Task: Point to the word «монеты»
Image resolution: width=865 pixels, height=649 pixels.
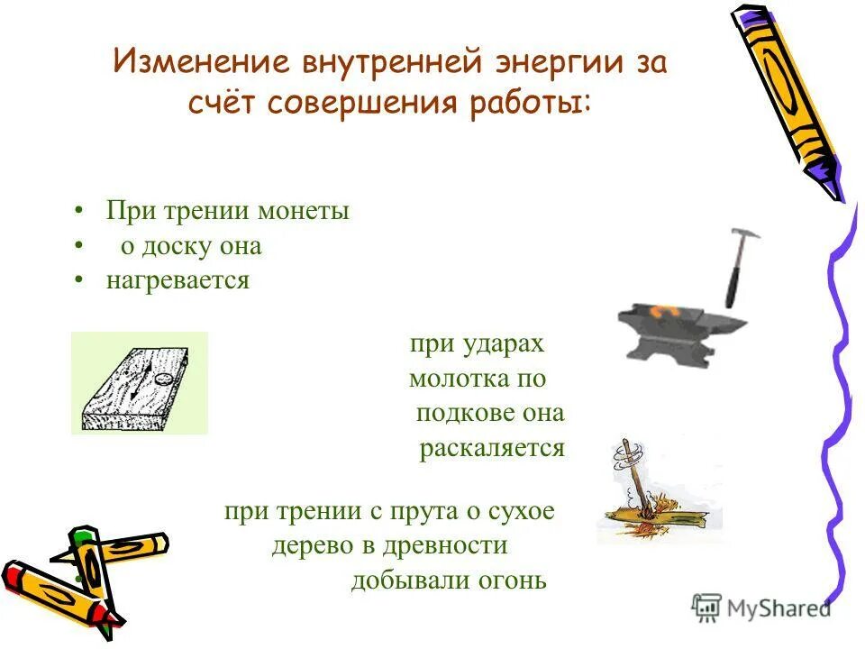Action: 304,212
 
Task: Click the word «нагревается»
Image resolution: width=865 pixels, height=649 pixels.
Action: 178,280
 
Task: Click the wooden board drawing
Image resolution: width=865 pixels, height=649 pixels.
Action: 138,383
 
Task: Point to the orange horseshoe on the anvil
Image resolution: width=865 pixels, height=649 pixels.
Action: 670,311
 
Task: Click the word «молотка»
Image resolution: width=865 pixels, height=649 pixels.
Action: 450,379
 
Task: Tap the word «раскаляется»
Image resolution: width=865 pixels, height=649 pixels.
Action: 491,448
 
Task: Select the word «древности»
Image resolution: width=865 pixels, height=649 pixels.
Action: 444,546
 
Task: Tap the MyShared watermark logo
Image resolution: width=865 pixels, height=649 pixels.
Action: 761,608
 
